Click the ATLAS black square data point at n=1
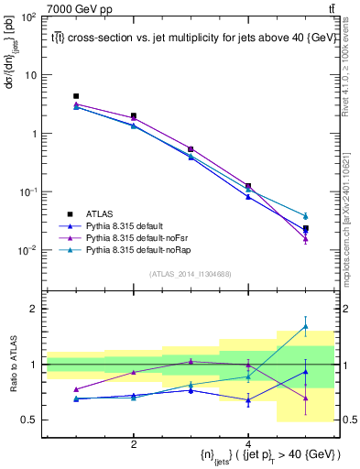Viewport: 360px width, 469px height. (x=76, y=96)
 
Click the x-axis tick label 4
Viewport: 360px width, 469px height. (x=248, y=444)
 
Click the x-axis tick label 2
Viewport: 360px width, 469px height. (x=134, y=444)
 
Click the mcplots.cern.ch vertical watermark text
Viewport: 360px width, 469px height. (x=350, y=211)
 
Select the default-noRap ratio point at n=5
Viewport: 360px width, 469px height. (x=306, y=326)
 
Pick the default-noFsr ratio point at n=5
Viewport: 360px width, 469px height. (x=306, y=398)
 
